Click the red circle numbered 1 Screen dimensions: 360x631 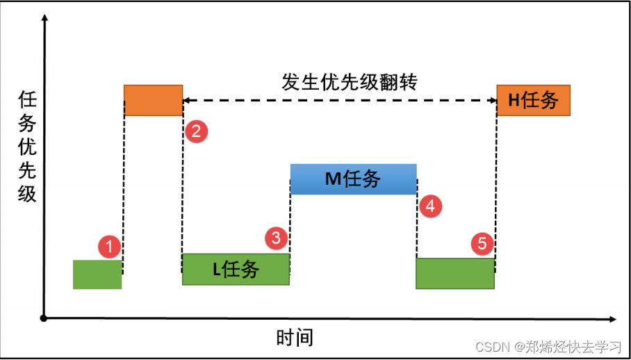coord(109,245)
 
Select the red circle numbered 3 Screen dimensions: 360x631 coord(277,238)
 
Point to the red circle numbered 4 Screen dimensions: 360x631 coord(430,206)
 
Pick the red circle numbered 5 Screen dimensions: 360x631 coord(482,243)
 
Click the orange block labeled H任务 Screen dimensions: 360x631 coord(533,100)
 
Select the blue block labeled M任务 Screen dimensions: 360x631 coord(353,179)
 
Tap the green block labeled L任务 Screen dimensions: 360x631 coord(236,269)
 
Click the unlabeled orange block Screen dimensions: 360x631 coord(153,100)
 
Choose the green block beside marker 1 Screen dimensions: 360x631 coord(97,274)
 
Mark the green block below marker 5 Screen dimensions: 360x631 coord(455,273)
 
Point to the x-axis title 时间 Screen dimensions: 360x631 coord(295,338)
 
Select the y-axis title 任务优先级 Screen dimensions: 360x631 coord(27,147)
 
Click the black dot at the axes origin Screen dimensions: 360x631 coord(44,318)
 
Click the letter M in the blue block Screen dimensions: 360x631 coord(333,179)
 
